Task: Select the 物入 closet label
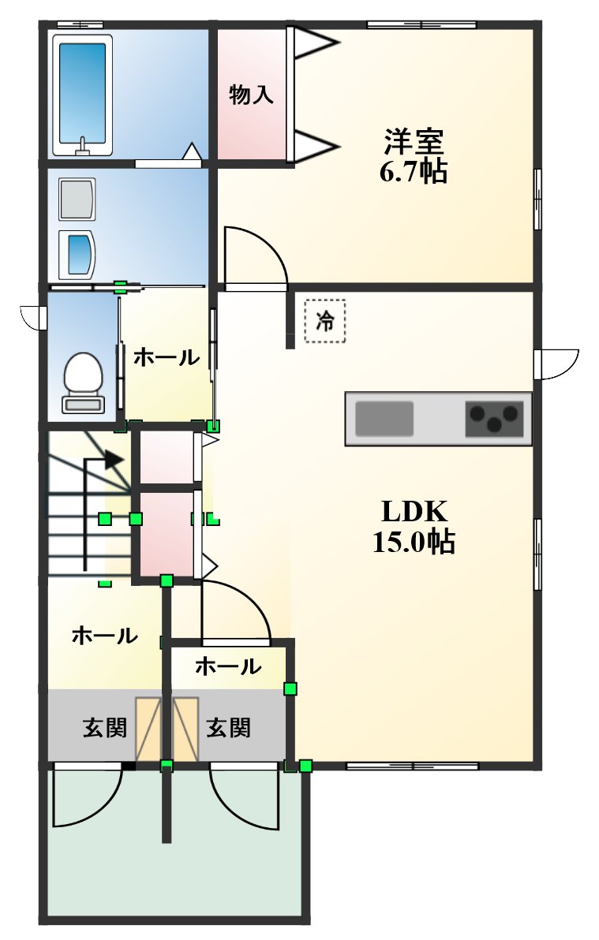[x=251, y=95]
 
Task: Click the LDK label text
[x=415, y=512]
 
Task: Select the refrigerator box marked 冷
[x=325, y=320]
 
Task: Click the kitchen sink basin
[x=384, y=418]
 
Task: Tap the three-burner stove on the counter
[x=495, y=418]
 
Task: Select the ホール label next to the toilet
[x=166, y=357]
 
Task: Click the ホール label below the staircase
[x=105, y=635]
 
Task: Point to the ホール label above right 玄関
[x=228, y=667]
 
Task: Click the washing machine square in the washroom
[x=77, y=200]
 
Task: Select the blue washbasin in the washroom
[x=78, y=254]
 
